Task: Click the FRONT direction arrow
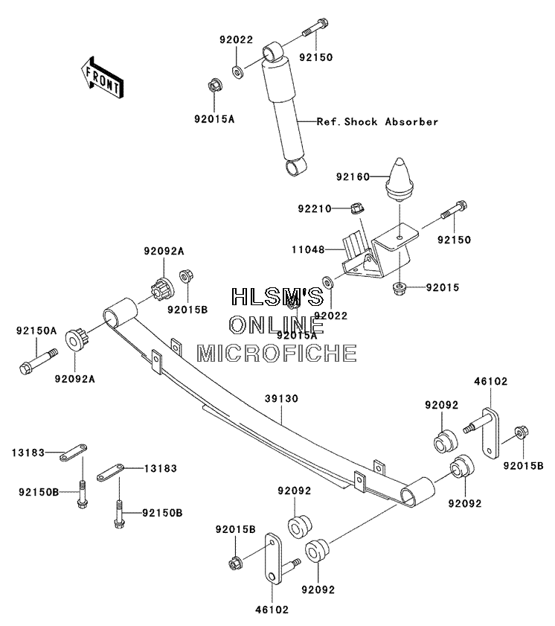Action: click(x=102, y=78)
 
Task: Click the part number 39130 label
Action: click(x=282, y=398)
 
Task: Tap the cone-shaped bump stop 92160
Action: click(x=400, y=179)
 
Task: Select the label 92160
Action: click(x=353, y=176)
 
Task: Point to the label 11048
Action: click(x=308, y=250)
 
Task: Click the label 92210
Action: click(x=315, y=208)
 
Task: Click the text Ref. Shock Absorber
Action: click(x=377, y=121)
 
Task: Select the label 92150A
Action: click(x=36, y=330)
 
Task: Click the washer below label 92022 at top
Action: click(x=238, y=72)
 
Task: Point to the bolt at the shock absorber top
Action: click(x=315, y=27)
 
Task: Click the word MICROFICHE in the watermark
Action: click(x=277, y=354)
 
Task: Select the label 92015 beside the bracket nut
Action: click(x=443, y=287)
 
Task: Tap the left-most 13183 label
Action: click(x=28, y=453)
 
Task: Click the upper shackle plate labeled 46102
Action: click(x=490, y=433)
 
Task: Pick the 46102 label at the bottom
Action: click(x=272, y=610)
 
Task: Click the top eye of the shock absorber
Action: click(x=273, y=51)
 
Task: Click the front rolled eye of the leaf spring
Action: click(x=120, y=311)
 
